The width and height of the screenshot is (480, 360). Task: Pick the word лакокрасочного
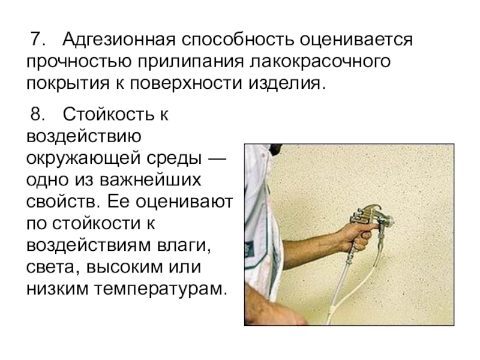320,62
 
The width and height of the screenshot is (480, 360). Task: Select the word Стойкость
108,114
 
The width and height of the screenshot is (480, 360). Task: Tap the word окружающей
83,158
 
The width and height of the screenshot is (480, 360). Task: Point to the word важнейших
151,180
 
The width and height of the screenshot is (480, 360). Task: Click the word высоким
125,268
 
